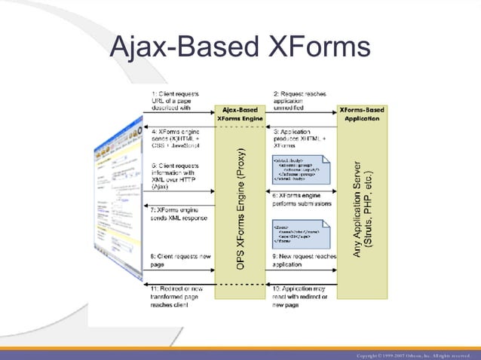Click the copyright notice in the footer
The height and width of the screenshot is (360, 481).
tap(415, 354)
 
